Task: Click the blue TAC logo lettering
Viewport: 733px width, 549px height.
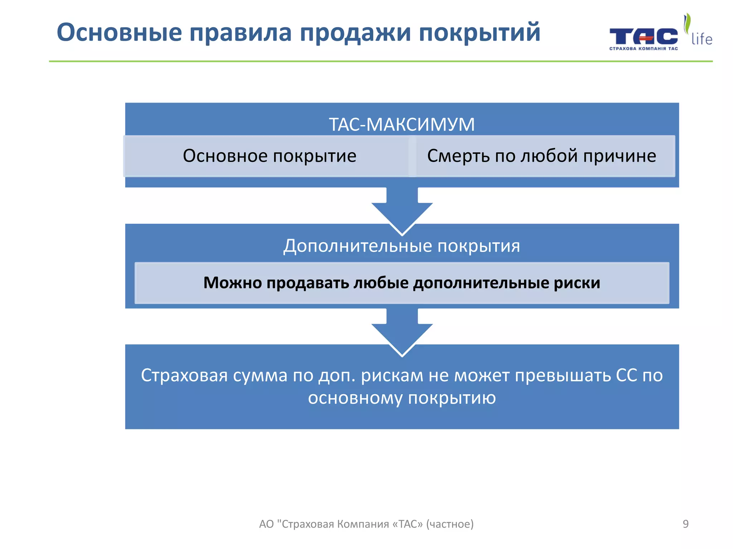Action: point(643,36)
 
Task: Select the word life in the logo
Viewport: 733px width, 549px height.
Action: point(702,39)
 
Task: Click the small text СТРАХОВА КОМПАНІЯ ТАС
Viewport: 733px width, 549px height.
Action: point(643,49)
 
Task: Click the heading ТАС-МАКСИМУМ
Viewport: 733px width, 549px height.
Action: point(402,124)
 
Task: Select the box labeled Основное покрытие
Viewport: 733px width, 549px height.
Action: point(269,156)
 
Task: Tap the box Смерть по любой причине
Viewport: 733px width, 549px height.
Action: point(541,156)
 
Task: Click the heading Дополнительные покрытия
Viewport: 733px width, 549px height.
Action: point(402,246)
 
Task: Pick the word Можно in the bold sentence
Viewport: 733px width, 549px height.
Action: point(232,283)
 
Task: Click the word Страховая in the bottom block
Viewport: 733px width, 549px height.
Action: point(184,376)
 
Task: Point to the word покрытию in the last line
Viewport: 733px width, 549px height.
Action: point(452,398)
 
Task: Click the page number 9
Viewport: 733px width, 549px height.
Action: point(685,524)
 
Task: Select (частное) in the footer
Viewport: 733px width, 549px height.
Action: point(450,524)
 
